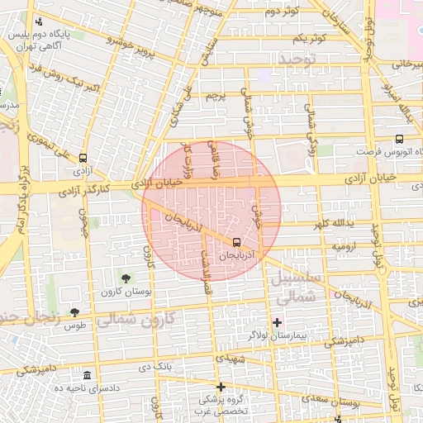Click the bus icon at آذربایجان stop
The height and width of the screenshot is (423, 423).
tap(238, 243)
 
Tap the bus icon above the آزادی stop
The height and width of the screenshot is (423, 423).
tap(83, 158)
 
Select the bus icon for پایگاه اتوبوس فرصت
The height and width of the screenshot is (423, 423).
tap(400, 140)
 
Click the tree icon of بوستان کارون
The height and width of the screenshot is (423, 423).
tap(126, 278)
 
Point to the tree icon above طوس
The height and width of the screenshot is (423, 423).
tap(74, 312)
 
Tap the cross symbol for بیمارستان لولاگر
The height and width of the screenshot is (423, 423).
tap(277, 321)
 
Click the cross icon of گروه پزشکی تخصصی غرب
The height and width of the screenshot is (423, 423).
tap(221, 387)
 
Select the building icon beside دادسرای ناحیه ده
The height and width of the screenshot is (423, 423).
tap(88, 375)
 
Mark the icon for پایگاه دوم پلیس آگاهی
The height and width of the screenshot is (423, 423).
tap(39, 22)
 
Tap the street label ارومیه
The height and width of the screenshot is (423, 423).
tap(344, 247)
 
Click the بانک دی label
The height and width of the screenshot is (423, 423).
tap(155, 365)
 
